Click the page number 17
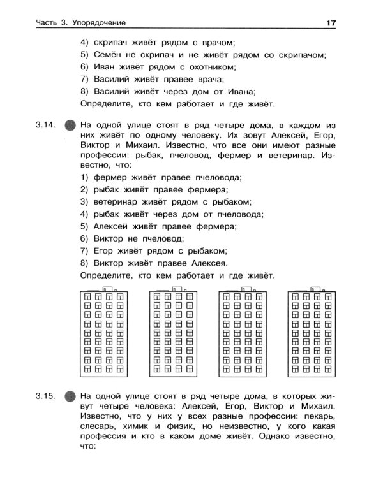[331, 24]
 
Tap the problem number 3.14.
[48, 123]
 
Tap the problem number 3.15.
[48, 395]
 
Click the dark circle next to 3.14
[71, 124]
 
